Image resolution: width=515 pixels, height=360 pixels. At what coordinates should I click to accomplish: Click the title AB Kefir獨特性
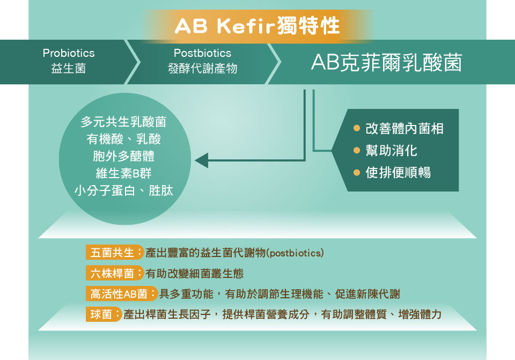tap(257, 26)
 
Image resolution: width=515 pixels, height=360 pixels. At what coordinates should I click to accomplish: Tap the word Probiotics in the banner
tap(69, 53)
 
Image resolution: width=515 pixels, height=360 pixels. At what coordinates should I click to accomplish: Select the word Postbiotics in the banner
tap(202, 53)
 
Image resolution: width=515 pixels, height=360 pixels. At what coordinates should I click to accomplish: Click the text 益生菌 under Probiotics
tap(68, 68)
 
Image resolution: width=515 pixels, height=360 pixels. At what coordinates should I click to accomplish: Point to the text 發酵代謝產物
tap(202, 68)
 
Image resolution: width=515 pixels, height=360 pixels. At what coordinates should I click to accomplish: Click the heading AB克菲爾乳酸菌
tap(387, 62)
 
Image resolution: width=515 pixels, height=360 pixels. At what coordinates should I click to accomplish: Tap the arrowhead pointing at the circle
tap(201, 160)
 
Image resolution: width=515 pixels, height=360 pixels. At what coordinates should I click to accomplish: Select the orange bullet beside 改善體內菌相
tap(357, 128)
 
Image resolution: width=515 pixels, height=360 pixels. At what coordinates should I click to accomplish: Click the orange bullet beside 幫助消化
tap(357, 150)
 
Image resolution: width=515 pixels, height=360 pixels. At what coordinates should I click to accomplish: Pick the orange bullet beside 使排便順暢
tap(357, 172)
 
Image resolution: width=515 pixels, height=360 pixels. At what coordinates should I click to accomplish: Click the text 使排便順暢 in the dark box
tap(398, 172)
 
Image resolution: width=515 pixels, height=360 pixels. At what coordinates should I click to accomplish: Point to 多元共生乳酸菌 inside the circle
tap(123, 122)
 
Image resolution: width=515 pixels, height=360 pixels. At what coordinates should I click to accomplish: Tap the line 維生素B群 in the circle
tap(123, 173)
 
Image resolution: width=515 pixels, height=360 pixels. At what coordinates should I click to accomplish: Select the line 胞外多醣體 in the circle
tap(123, 156)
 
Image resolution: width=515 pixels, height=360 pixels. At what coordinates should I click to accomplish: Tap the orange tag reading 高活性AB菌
tap(122, 293)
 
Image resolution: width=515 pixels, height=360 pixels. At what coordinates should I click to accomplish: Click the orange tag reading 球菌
tap(104, 314)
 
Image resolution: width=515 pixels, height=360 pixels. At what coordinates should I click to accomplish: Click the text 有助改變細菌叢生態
tap(194, 273)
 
